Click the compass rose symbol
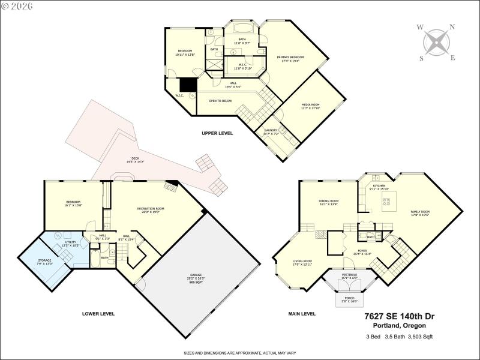(x=437, y=42)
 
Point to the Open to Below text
(x=220, y=101)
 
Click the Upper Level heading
(x=217, y=133)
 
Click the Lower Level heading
(x=98, y=313)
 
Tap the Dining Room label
(x=329, y=202)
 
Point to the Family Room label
(x=420, y=213)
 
